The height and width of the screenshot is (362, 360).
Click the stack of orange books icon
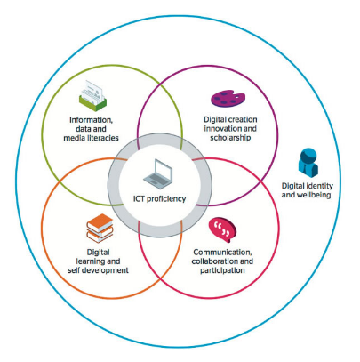(96, 230)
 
